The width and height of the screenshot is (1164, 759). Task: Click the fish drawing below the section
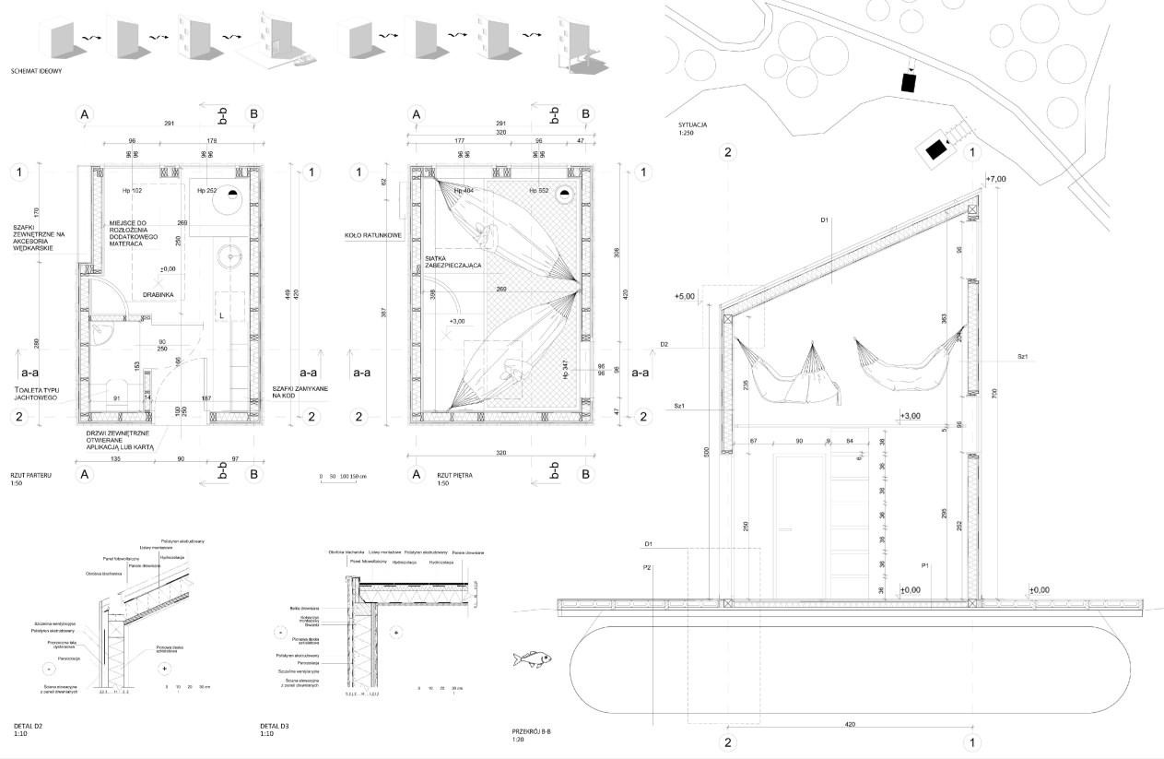[x=533, y=658]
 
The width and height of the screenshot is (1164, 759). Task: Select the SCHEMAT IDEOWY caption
[x=37, y=71]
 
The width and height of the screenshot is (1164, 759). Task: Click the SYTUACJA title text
[x=692, y=125]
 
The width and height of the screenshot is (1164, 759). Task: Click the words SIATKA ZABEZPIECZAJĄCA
[x=453, y=261]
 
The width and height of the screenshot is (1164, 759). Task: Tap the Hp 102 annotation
[x=132, y=191]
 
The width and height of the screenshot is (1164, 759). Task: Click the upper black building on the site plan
[x=910, y=82]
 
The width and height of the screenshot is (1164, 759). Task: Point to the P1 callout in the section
[x=924, y=565]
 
